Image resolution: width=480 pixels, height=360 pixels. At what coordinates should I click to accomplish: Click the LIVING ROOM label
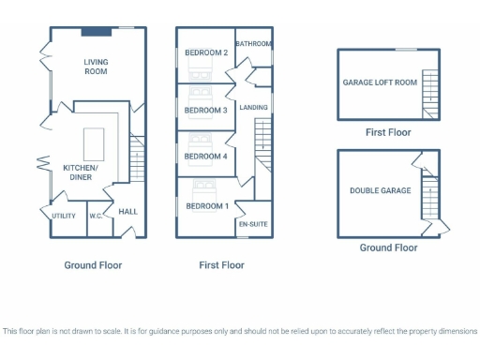(x=96, y=67)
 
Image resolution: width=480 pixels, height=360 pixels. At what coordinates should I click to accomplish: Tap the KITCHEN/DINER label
(x=81, y=172)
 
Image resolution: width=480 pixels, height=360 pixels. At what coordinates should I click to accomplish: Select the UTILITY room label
(x=64, y=216)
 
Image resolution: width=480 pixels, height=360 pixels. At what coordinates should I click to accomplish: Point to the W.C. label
(x=96, y=217)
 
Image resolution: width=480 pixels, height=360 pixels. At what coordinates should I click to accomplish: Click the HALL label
(x=127, y=212)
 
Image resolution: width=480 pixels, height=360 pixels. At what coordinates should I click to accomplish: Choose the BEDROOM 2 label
(x=206, y=52)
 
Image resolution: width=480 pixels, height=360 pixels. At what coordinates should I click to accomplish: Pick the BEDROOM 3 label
(x=206, y=111)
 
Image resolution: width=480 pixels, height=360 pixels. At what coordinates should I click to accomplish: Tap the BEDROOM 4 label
(x=206, y=156)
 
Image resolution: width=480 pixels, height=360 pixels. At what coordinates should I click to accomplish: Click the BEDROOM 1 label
(x=206, y=205)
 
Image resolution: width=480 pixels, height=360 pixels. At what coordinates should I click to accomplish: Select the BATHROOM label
(x=254, y=44)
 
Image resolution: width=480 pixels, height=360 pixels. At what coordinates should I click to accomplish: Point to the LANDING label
(x=254, y=108)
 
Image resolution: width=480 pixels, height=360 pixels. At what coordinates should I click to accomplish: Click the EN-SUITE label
(x=254, y=225)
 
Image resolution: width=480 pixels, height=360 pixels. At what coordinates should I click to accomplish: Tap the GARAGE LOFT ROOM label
(x=380, y=82)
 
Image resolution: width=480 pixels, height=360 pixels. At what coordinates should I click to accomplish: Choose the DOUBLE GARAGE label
(x=381, y=190)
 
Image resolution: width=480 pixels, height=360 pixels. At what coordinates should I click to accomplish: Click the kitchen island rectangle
(x=94, y=143)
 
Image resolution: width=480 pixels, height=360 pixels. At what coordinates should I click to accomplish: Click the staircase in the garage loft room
(x=430, y=93)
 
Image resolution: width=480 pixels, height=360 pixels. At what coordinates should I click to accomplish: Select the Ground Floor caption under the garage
(x=389, y=247)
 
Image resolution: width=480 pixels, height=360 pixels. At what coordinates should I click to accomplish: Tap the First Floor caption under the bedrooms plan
(x=222, y=265)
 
